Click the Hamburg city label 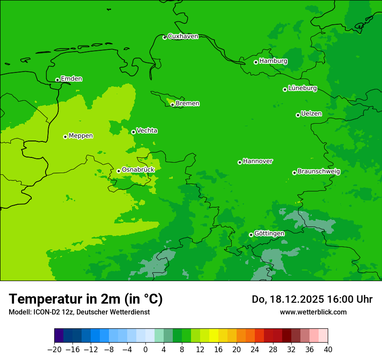click(273, 61)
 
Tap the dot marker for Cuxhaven click(165, 37)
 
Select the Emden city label click(71, 79)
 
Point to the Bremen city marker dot click(172, 104)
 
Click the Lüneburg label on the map click(302, 88)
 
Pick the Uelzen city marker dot click(298, 115)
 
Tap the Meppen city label click(81, 136)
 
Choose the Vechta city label click(147, 131)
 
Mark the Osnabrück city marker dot click(119, 171)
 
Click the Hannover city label click(257, 161)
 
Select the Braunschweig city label click(319, 172)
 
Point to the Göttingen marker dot click(251, 235)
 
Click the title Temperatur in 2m click(86, 299)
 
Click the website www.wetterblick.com click(313, 312)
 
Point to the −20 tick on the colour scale click(54, 350)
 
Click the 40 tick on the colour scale click(328, 350)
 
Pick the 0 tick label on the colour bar click(145, 350)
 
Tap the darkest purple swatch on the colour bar click(59, 336)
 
